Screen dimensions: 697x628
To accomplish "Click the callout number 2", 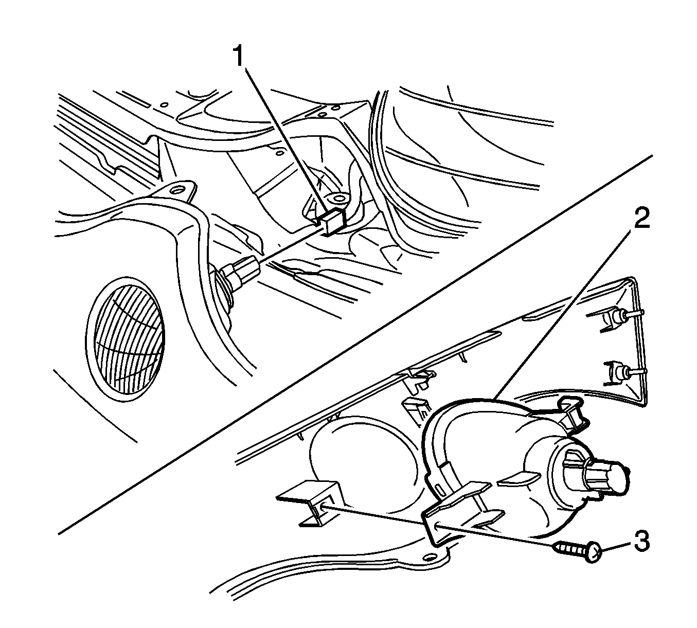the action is pyautogui.click(x=641, y=217).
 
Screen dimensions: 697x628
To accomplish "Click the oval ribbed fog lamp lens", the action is pyautogui.click(x=125, y=340).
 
